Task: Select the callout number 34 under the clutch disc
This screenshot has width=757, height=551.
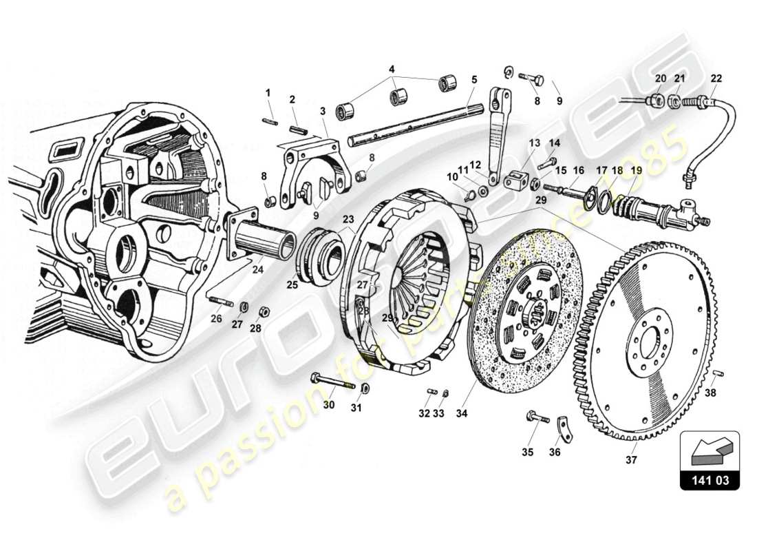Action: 460,413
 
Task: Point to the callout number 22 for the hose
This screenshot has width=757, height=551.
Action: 717,78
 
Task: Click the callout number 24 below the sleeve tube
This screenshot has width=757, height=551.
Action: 257,269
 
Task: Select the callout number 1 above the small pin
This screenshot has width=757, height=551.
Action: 268,92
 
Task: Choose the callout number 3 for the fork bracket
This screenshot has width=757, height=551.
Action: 322,111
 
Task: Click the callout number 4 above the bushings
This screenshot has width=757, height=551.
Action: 392,69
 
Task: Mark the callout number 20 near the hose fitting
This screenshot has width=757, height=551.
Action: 661,78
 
